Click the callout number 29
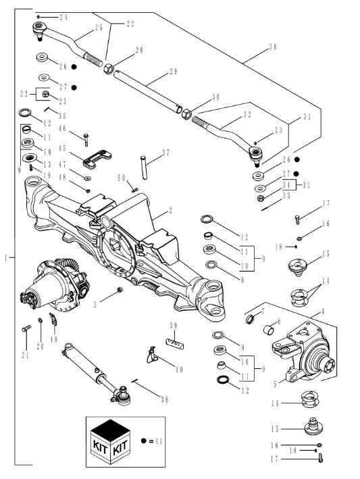[174, 72]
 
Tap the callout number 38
[273, 47]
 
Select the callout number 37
[165, 153]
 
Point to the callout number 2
[170, 211]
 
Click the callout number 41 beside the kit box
[159, 440]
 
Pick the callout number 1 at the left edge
[6, 258]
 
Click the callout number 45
[62, 149]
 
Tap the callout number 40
[179, 370]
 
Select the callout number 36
[165, 399]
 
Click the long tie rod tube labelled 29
[148, 92]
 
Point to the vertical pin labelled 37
[144, 168]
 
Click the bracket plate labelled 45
[97, 159]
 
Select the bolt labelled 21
[26, 328]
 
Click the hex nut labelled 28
[109, 69]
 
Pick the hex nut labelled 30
[186, 114]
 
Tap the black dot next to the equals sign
[144, 440]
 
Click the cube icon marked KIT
[111, 441]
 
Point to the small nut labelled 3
[120, 289]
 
